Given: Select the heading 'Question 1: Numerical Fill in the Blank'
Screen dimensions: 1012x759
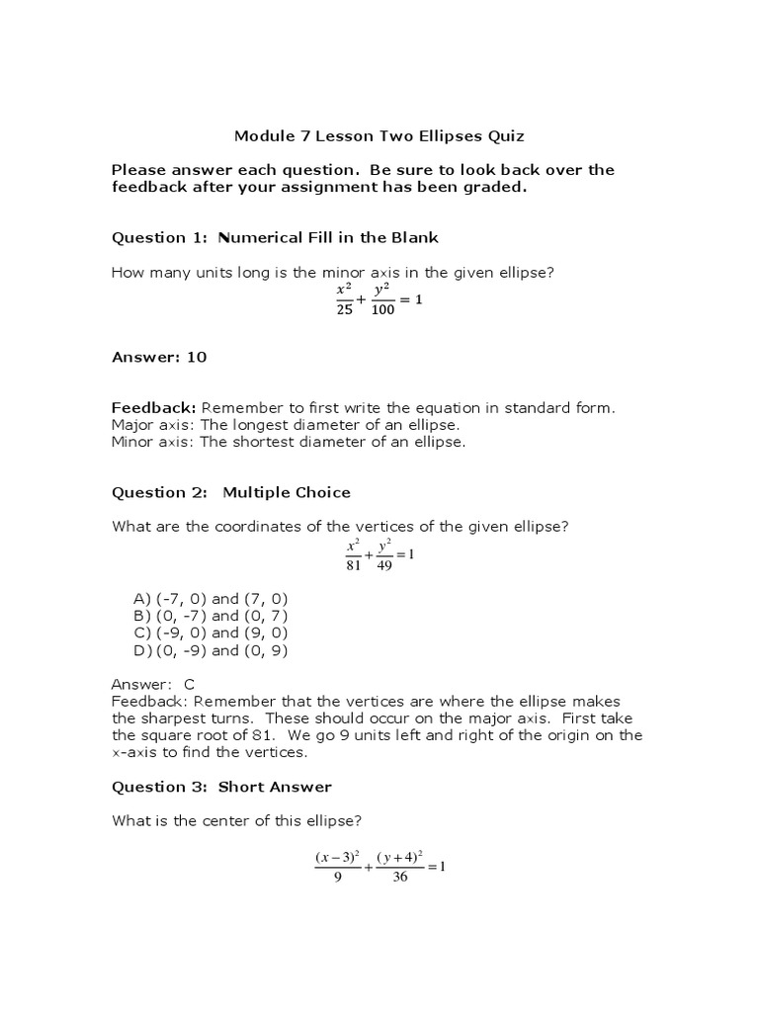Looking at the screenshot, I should pos(274,237).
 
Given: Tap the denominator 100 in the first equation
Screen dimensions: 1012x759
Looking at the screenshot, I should pos(383,310).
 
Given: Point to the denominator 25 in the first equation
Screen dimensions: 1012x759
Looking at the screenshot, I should pos(344,310).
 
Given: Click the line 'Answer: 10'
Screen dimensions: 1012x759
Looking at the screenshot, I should pos(158,357).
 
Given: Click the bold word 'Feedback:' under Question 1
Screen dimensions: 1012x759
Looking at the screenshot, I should pos(154,407).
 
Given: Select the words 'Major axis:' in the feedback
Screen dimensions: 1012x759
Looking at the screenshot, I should pos(153,425).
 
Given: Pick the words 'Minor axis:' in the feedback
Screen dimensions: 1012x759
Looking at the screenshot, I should pos(153,442).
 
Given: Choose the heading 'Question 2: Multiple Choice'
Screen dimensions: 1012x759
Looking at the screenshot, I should pos(230,492).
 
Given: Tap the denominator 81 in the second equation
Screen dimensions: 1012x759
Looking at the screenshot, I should pos(354,564).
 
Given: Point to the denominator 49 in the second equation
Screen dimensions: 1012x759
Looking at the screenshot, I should pos(385,564).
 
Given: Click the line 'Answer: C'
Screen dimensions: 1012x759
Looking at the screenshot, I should pos(153,684).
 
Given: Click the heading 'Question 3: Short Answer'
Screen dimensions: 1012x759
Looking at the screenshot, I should pos(220,787).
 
